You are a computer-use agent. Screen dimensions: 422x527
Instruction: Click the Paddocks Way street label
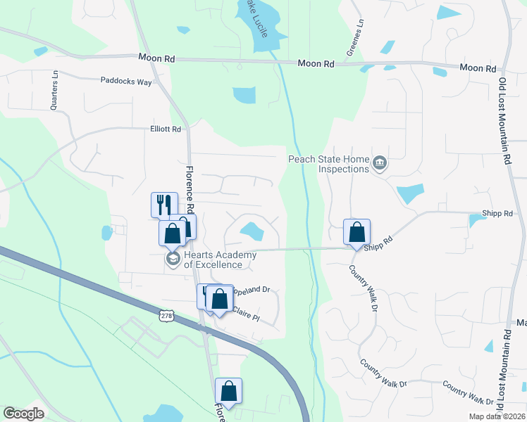tap(125, 82)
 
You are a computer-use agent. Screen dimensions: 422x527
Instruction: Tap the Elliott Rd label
tap(166, 129)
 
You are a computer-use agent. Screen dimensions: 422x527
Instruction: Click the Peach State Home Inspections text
tap(328, 164)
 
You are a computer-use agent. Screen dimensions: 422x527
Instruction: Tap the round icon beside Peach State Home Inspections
tap(380, 164)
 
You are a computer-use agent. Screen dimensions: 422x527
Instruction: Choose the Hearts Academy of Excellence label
tap(213, 260)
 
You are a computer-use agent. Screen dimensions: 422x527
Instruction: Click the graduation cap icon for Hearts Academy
tap(172, 260)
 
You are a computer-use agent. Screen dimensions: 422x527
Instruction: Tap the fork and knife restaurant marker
tap(163, 205)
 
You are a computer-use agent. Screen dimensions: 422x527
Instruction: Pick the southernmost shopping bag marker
tap(228, 391)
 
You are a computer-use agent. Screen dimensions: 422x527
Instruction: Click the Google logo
tap(24, 414)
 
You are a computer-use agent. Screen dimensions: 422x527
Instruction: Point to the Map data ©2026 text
tap(497, 416)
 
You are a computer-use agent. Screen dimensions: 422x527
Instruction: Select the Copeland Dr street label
tap(252, 289)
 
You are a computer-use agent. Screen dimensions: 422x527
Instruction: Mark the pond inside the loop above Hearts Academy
tap(250, 231)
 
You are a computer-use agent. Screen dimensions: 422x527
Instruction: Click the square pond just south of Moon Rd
tap(244, 95)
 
